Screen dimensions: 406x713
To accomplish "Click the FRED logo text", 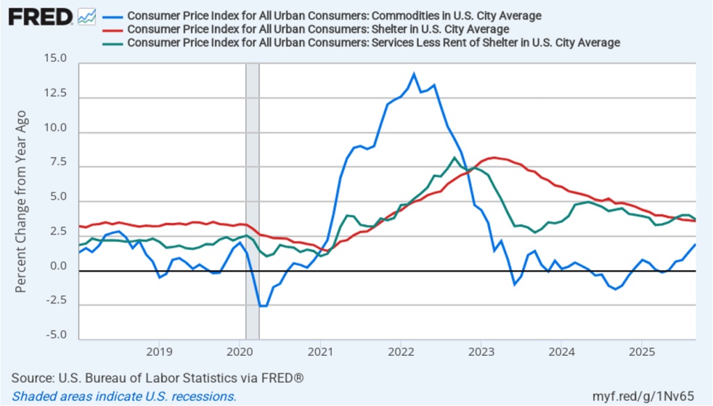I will pos(40,17).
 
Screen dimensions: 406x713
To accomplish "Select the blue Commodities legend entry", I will pos(335,15).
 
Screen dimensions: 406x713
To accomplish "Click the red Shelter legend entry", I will pos(318,29).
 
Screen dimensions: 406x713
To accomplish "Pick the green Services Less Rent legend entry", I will pos(374,42).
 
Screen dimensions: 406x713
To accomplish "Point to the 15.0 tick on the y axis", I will pos(55,61).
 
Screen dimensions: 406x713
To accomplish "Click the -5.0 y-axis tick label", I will pos(54,334).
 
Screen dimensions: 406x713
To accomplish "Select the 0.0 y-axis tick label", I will pos(56,266).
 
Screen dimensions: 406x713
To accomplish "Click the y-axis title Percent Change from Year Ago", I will pos(22,201).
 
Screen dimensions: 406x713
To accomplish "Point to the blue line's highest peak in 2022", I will pos(414,73).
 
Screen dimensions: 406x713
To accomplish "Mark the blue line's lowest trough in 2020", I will pos(262,306).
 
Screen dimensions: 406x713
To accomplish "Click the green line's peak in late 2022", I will pos(454,157).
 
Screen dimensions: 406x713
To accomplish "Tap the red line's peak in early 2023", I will pos(494,157).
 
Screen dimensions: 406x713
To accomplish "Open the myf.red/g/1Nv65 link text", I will pos(652,396).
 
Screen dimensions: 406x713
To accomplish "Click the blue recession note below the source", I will pos(124,396).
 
